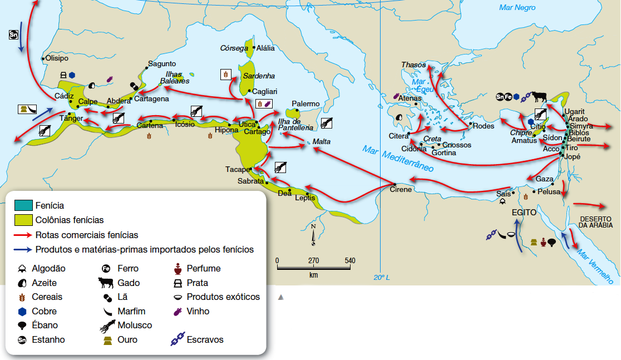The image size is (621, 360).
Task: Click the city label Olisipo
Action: pyautogui.click(x=57, y=58)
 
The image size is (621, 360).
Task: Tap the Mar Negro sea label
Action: pyautogui.click(x=517, y=8)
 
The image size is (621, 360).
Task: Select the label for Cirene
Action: pyautogui.click(x=401, y=190)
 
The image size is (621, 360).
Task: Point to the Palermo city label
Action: pyautogui.click(x=306, y=104)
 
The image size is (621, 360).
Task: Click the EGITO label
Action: pyautogui.click(x=524, y=213)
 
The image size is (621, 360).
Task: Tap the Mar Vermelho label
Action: pyautogui.click(x=595, y=265)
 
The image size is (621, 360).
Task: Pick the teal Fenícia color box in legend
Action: pyautogui.click(x=24, y=206)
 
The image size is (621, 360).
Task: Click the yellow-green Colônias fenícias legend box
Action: pyautogui.click(x=24, y=220)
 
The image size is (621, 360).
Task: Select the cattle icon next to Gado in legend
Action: pyautogui.click(x=106, y=283)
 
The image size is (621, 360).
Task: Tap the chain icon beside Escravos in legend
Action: pyautogui.click(x=178, y=339)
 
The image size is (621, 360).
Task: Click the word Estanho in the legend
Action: pyautogui.click(x=48, y=339)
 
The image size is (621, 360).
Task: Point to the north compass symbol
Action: pyautogui.click(x=314, y=235)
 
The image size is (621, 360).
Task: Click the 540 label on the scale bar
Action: pyautogui.click(x=350, y=260)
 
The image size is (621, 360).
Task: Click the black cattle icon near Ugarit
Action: pyautogui.click(x=539, y=97)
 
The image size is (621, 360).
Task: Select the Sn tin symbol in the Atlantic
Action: pyautogui.click(x=14, y=35)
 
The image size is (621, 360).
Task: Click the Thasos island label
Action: pyautogui.click(x=413, y=65)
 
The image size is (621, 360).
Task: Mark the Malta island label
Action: pyautogui.click(x=321, y=142)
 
